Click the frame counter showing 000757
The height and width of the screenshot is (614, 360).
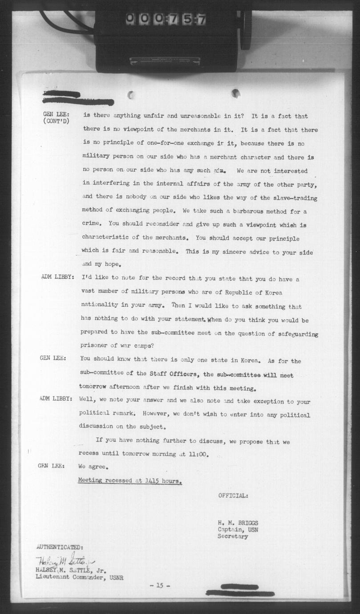coord(165,19)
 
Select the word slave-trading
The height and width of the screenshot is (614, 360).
coord(295,198)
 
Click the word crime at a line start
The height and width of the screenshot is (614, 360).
coord(92,225)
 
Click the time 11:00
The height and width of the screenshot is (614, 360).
coord(197,455)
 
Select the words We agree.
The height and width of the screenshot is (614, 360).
coord(93,467)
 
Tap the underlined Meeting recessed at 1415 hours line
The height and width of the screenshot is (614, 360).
coord(130,480)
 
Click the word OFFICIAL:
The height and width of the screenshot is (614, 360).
coord(233,496)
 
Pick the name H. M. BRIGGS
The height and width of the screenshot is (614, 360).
coord(238,523)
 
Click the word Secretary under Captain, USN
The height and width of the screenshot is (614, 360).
coord(233,537)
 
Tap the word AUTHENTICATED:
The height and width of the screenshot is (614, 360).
coord(59,547)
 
